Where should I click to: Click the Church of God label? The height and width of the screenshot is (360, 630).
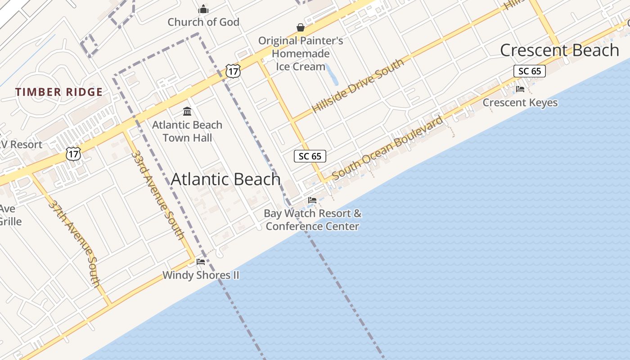203,22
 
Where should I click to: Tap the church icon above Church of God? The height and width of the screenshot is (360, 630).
203,9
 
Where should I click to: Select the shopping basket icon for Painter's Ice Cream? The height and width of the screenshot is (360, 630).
301,28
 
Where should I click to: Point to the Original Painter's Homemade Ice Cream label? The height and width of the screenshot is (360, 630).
301,54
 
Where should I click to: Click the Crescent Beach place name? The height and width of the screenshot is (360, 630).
559,50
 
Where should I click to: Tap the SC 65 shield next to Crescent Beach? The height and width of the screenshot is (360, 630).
530,71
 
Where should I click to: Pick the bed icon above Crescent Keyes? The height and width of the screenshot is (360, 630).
520,89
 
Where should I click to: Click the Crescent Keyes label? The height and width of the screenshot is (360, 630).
520,103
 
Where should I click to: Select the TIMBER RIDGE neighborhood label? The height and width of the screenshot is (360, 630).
59,92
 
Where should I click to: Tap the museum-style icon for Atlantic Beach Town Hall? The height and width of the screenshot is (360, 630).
187,111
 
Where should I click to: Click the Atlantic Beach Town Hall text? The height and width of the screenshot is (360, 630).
187,131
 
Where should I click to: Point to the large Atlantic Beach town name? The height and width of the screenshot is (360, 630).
226,179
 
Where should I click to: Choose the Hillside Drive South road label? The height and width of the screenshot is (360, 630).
358,85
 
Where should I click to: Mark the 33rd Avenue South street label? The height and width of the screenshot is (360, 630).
157,195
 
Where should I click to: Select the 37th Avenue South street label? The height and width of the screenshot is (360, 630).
74,243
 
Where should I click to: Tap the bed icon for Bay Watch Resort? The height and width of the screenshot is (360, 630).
312,200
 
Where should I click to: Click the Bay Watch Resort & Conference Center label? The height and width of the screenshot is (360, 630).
313,220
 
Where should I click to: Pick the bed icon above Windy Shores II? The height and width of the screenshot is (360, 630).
201,261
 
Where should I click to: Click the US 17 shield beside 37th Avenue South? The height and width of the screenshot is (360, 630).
73,154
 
